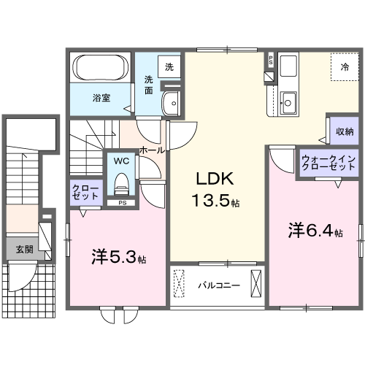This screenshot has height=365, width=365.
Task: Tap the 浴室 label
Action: click(x=101, y=97)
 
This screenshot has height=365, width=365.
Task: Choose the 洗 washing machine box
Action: click(x=169, y=68)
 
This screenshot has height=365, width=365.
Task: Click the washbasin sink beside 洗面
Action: click(x=173, y=102)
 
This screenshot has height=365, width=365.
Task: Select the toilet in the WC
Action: click(x=121, y=179)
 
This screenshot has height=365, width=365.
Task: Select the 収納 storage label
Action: click(x=345, y=131)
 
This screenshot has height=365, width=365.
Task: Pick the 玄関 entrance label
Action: click(x=25, y=249)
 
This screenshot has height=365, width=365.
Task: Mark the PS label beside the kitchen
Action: click(x=271, y=61)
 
